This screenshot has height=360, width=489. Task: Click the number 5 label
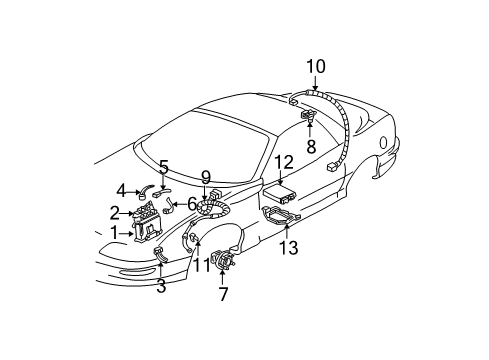(163, 167)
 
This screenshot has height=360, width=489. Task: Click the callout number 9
(204, 177)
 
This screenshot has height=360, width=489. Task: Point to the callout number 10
(316, 66)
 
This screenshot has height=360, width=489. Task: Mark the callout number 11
(202, 264)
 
